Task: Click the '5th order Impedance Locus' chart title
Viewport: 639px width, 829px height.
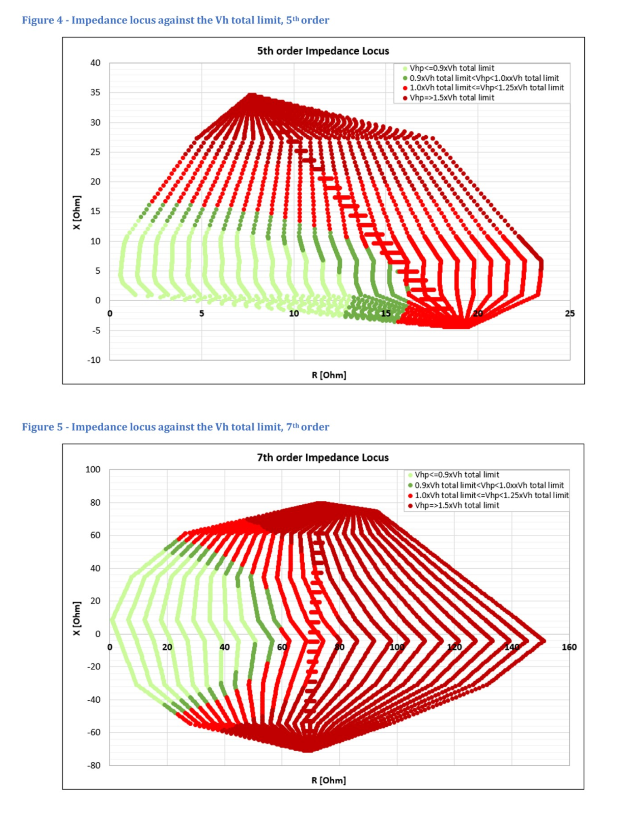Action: coord(323,51)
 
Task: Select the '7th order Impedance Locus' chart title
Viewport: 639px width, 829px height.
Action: coord(323,457)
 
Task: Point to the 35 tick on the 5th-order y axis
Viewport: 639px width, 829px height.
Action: coord(95,93)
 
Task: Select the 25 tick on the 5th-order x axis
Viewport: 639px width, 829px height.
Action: coord(569,314)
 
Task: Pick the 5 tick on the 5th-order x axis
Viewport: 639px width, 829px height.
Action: coord(202,314)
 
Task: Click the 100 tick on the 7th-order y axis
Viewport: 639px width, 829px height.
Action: coord(93,470)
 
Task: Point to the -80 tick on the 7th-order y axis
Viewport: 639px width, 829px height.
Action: coord(94,765)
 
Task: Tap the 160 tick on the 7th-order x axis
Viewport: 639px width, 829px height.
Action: coord(569,647)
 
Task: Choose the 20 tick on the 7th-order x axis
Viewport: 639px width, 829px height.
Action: coord(167,647)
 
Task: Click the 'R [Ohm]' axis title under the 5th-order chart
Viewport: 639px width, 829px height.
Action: coord(329,375)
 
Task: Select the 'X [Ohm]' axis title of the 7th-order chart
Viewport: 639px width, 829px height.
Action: coord(76,619)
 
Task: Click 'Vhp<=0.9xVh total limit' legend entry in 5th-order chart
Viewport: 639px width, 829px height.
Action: coord(452,68)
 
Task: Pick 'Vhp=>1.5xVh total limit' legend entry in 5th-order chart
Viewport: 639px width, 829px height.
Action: coord(452,98)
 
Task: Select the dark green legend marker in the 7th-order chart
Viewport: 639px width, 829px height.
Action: coord(410,485)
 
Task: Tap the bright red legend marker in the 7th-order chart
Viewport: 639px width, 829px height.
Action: coord(410,495)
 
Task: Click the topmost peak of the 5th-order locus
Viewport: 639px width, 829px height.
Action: coord(252,96)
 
